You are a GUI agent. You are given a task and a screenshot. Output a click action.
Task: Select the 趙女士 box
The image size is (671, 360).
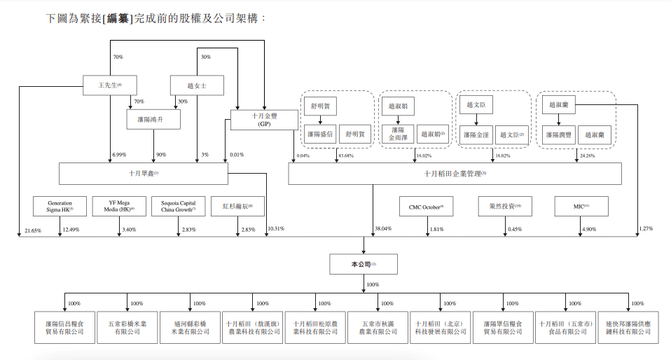click(198, 85)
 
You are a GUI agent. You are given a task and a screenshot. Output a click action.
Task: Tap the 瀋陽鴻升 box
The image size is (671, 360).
click(154, 120)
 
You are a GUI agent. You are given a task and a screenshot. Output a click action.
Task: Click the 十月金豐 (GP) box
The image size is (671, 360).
click(255, 120)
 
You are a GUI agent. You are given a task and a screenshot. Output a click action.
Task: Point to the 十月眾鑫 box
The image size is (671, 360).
click(143, 173)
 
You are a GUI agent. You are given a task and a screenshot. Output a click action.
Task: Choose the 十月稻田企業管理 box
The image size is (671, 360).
click(455, 173)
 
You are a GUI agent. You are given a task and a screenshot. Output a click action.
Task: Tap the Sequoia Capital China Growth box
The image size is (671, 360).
click(179, 206)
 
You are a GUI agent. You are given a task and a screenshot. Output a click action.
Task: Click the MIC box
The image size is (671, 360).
click(581, 207)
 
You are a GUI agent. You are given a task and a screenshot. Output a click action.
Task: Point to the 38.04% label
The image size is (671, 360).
click(383, 229)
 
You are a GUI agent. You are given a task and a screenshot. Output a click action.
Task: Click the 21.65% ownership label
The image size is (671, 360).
click(34, 230)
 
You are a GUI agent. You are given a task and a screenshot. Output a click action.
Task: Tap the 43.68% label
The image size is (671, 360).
click(345, 155)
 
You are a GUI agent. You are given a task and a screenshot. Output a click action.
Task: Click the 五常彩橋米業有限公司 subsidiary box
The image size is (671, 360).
click(127, 327)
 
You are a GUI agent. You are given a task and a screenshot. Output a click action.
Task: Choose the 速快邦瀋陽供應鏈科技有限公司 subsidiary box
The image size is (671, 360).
click(628, 327)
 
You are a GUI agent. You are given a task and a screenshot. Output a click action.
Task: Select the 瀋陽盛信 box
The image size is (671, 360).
click(320, 134)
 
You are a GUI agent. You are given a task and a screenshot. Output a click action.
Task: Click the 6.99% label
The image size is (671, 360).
click(118, 155)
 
